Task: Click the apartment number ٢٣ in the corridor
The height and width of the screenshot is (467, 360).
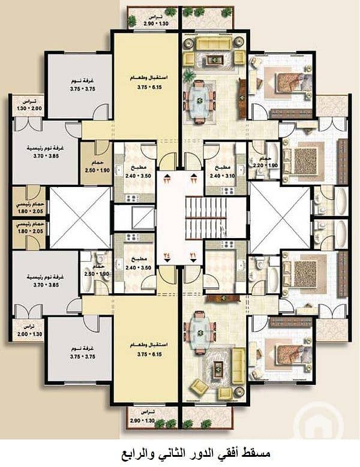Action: click(x=166, y=178)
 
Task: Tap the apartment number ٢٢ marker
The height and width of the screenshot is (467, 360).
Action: click(x=194, y=178)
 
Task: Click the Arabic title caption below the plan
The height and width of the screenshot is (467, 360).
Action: click(x=180, y=450)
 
